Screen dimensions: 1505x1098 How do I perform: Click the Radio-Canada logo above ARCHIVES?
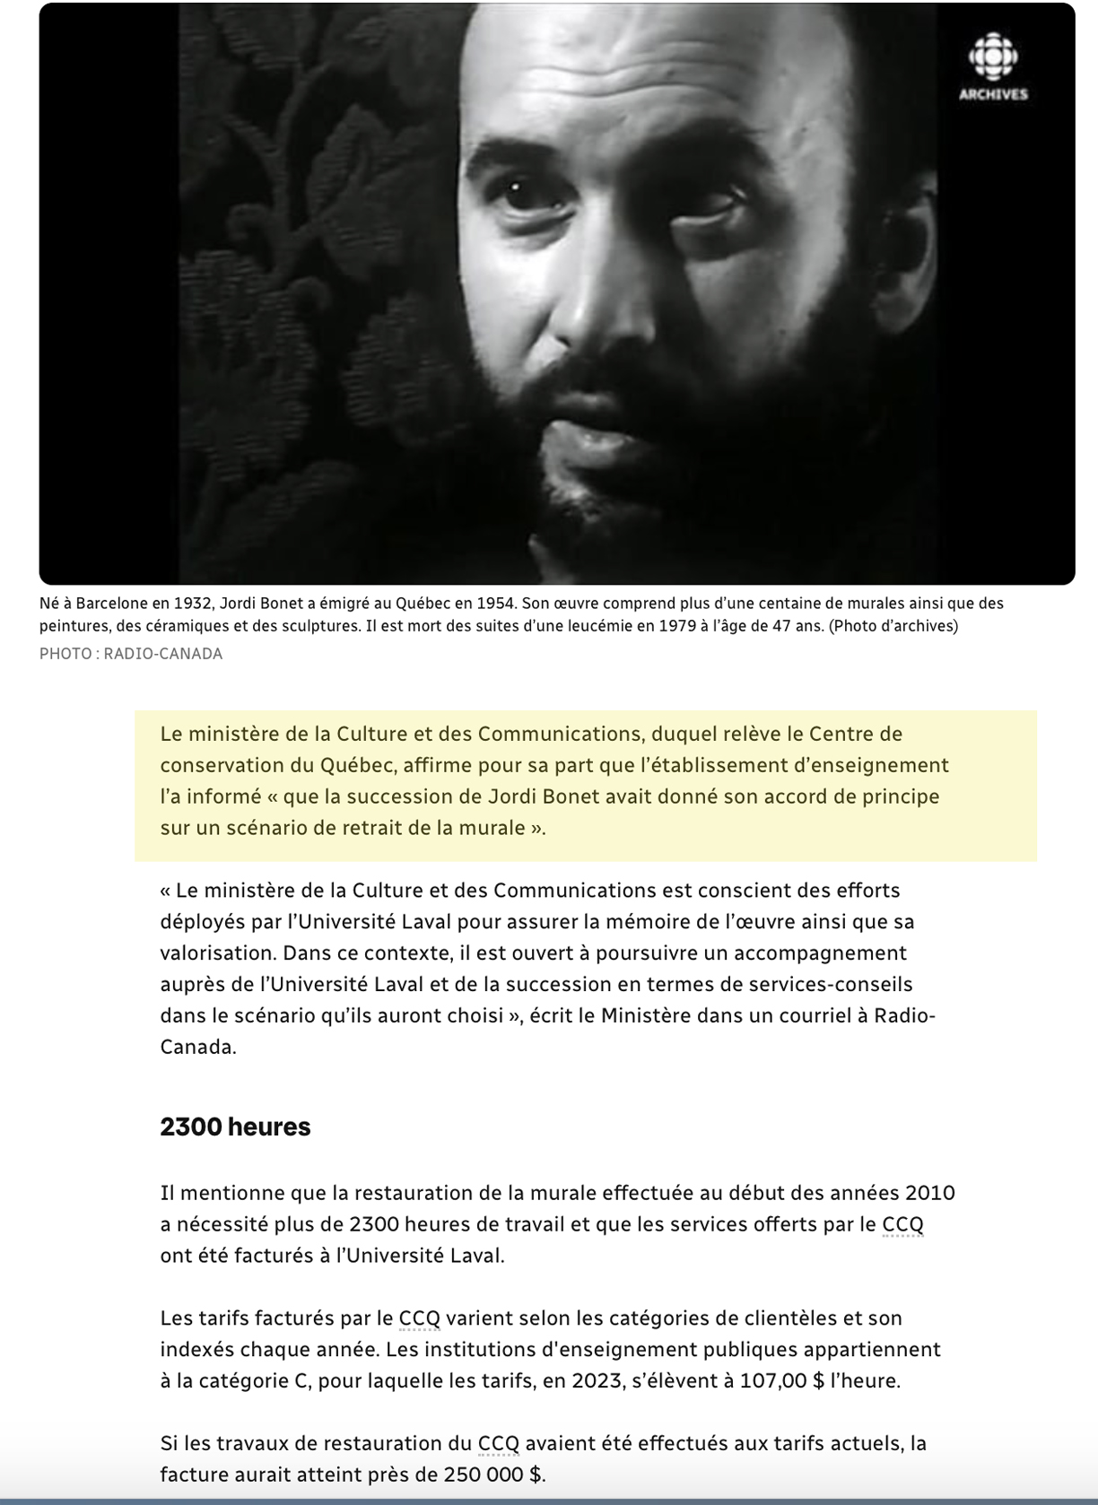993,57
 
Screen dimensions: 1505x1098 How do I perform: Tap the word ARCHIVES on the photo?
993,94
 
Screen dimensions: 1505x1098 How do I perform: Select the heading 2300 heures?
235,1127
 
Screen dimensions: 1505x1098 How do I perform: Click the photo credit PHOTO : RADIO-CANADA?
131,654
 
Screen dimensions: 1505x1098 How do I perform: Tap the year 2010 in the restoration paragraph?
929,1193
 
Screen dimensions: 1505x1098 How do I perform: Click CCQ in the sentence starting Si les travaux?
499,1443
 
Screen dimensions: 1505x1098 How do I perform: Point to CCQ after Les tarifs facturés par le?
420,1318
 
